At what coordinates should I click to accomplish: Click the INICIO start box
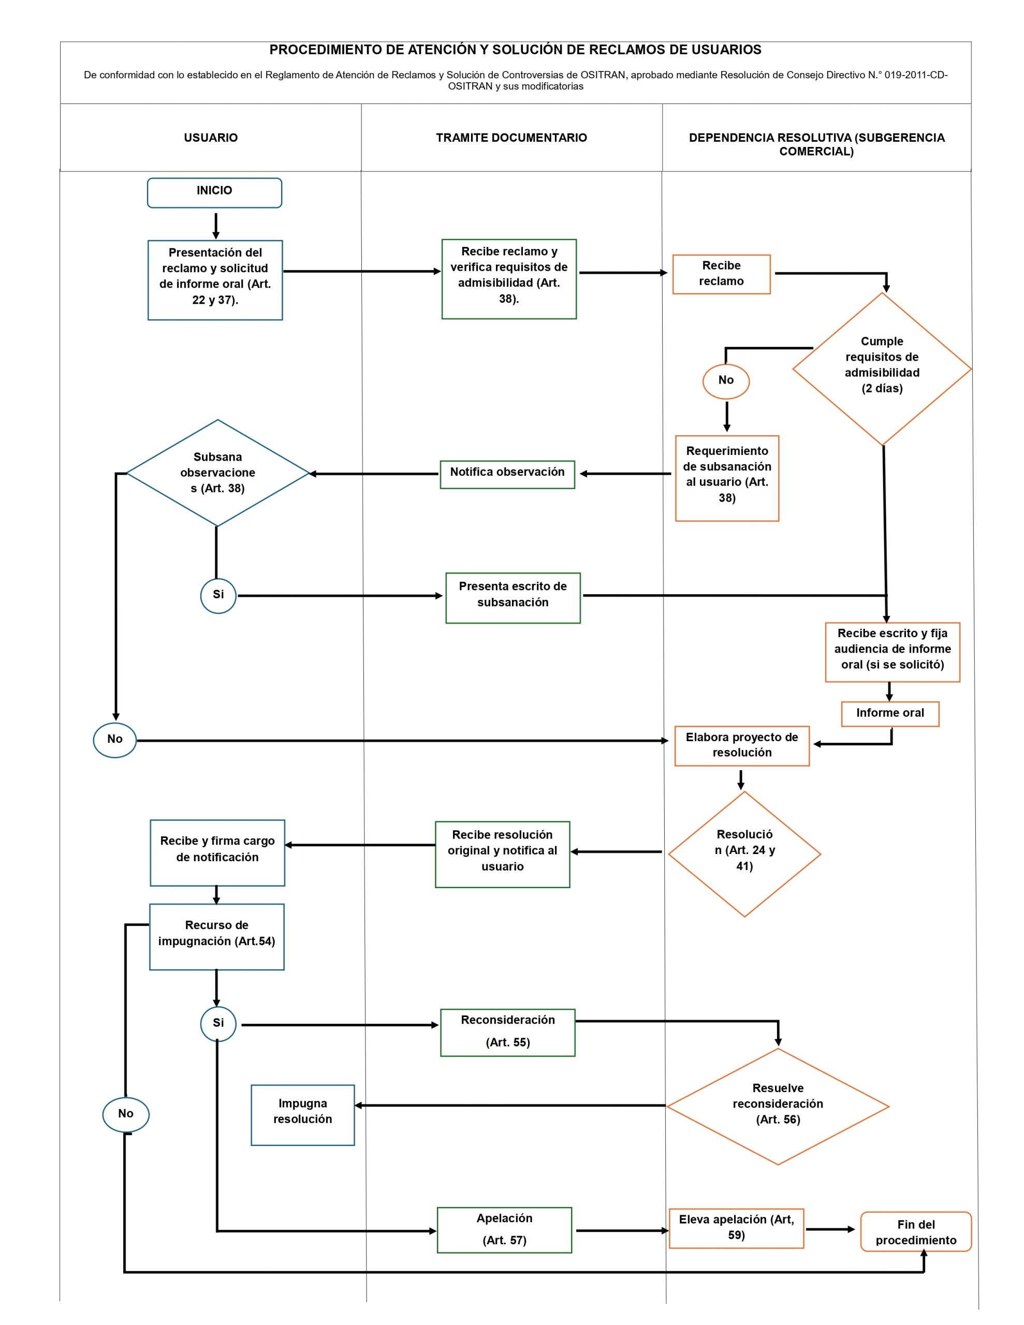click(x=214, y=193)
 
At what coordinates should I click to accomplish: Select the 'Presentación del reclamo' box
click(x=215, y=279)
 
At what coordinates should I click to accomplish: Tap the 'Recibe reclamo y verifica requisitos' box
click(x=509, y=279)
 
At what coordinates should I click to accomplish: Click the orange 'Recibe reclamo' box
click(x=721, y=274)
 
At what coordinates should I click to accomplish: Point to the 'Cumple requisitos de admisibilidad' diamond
click(x=882, y=369)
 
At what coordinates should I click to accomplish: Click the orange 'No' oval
click(x=726, y=381)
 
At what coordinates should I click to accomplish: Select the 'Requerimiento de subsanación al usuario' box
click(x=727, y=478)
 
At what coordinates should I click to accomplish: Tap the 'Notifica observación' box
click(x=507, y=475)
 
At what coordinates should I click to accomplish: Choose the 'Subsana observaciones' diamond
click(x=217, y=473)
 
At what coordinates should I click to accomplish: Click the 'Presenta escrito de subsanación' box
click(x=513, y=598)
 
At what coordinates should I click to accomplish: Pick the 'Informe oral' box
click(x=890, y=714)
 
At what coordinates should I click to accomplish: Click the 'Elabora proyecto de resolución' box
click(x=742, y=746)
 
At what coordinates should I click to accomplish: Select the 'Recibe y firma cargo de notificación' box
click(x=217, y=853)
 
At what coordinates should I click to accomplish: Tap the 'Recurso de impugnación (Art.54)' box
click(x=217, y=937)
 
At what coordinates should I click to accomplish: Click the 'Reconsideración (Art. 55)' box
click(x=507, y=1033)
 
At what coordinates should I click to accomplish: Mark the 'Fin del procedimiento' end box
click(x=916, y=1231)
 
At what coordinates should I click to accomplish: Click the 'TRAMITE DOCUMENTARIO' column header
click(x=511, y=138)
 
